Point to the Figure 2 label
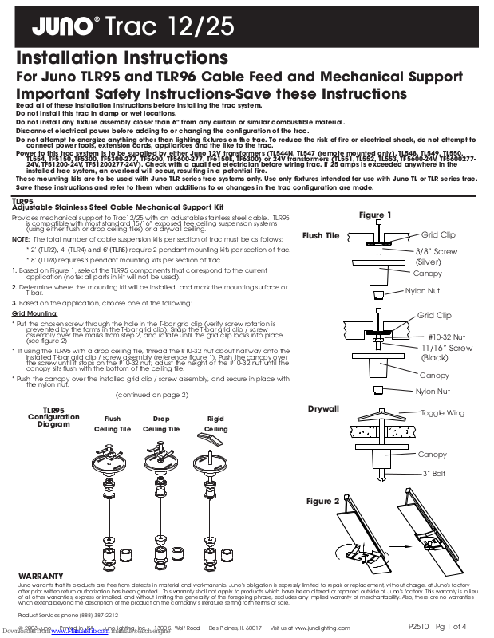click(x=323, y=501)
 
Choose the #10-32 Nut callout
click(x=446, y=337)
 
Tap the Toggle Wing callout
click(x=442, y=413)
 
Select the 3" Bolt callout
click(x=433, y=474)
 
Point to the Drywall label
click(x=323, y=409)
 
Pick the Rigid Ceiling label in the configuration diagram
click(x=215, y=423)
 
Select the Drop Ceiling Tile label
click(x=161, y=423)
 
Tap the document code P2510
click(x=420, y=627)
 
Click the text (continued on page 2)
click(x=152, y=395)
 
